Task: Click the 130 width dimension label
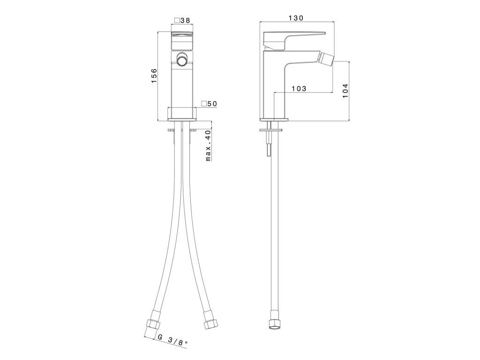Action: [296, 18]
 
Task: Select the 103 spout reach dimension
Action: [299, 89]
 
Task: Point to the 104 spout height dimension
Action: [345, 90]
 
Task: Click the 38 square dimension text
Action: [185, 21]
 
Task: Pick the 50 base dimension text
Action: [212, 104]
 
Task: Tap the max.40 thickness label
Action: [208, 146]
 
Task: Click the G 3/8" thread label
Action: [172, 340]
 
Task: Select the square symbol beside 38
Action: [177, 21]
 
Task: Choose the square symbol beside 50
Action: [204, 104]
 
